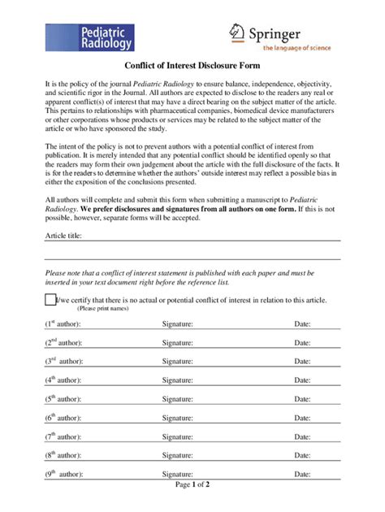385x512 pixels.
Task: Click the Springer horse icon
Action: [236, 32]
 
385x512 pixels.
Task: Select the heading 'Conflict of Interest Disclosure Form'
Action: [192, 66]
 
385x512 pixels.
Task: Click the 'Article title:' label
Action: [63, 236]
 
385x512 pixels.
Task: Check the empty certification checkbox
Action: [50, 300]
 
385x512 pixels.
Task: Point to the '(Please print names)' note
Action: [102, 309]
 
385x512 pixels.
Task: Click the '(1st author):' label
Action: [63, 323]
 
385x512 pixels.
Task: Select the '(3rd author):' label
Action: [63, 361]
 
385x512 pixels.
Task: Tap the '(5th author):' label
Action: [63, 399]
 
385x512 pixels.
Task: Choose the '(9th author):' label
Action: [63, 474]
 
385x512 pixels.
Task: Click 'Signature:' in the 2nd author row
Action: [177, 342]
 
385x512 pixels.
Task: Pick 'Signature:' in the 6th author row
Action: [177, 418]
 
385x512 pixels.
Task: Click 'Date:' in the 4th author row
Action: [302, 380]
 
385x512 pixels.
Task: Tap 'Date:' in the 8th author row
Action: [302, 455]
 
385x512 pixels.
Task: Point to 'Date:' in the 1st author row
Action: [302, 323]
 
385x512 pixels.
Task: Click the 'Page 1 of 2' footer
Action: [192, 485]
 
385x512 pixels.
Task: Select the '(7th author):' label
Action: [63, 436]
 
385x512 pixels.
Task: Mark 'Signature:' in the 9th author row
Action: [177, 474]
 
